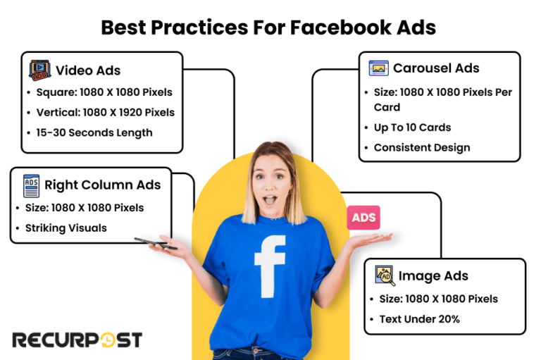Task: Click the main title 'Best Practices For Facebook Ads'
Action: click(x=268, y=27)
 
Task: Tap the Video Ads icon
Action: click(x=39, y=70)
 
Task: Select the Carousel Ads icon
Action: click(x=379, y=68)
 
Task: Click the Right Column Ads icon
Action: click(x=31, y=185)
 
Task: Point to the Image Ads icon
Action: click(x=385, y=275)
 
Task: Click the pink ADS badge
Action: click(x=363, y=218)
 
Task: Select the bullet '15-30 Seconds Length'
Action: click(x=94, y=132)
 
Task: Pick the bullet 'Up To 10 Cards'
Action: click(x=412, y=128)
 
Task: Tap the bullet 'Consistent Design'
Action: click(x=421, y=148)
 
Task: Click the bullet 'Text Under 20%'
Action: click(x=419, y=319)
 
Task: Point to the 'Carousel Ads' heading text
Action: click(x=436, y=68)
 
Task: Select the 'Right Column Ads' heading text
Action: click(x=103, y=185)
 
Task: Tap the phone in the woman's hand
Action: click(x=155, y=243)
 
